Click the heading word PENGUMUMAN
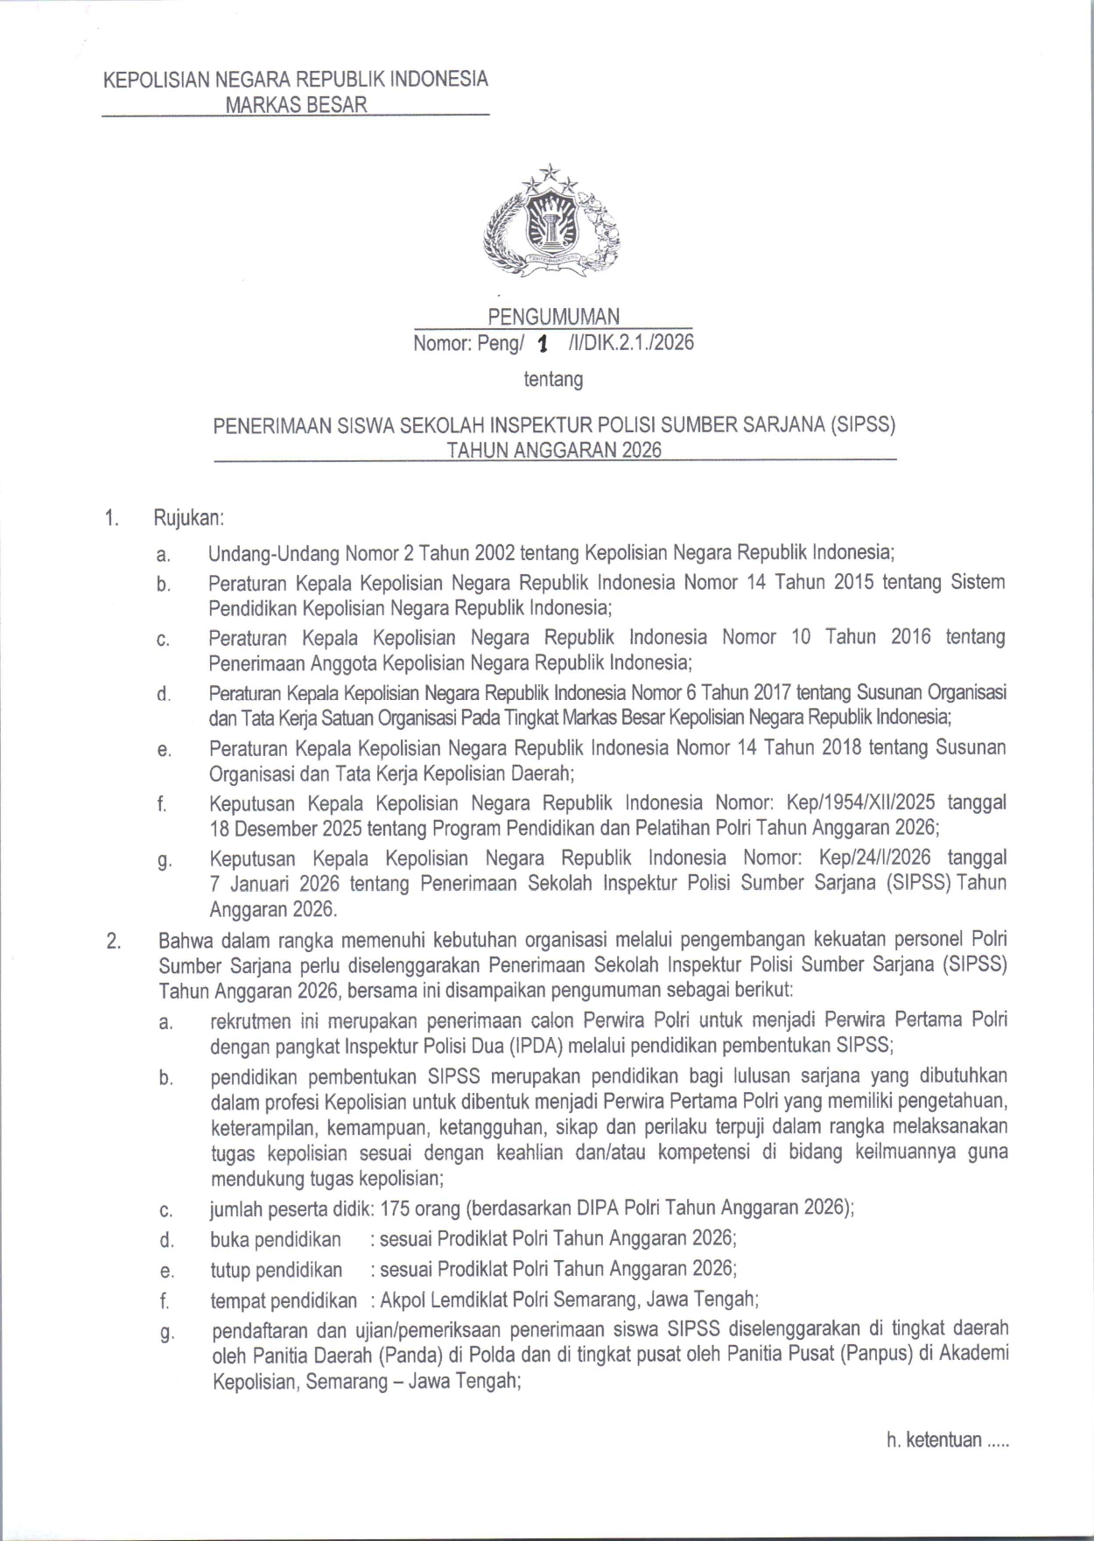553,316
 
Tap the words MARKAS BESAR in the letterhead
296,105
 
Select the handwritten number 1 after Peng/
543,345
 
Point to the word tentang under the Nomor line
553,380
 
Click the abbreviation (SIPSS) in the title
864,425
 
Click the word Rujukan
189,518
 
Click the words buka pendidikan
276,1239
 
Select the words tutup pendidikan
276,1269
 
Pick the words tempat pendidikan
284,1299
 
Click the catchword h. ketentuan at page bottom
948,1440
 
